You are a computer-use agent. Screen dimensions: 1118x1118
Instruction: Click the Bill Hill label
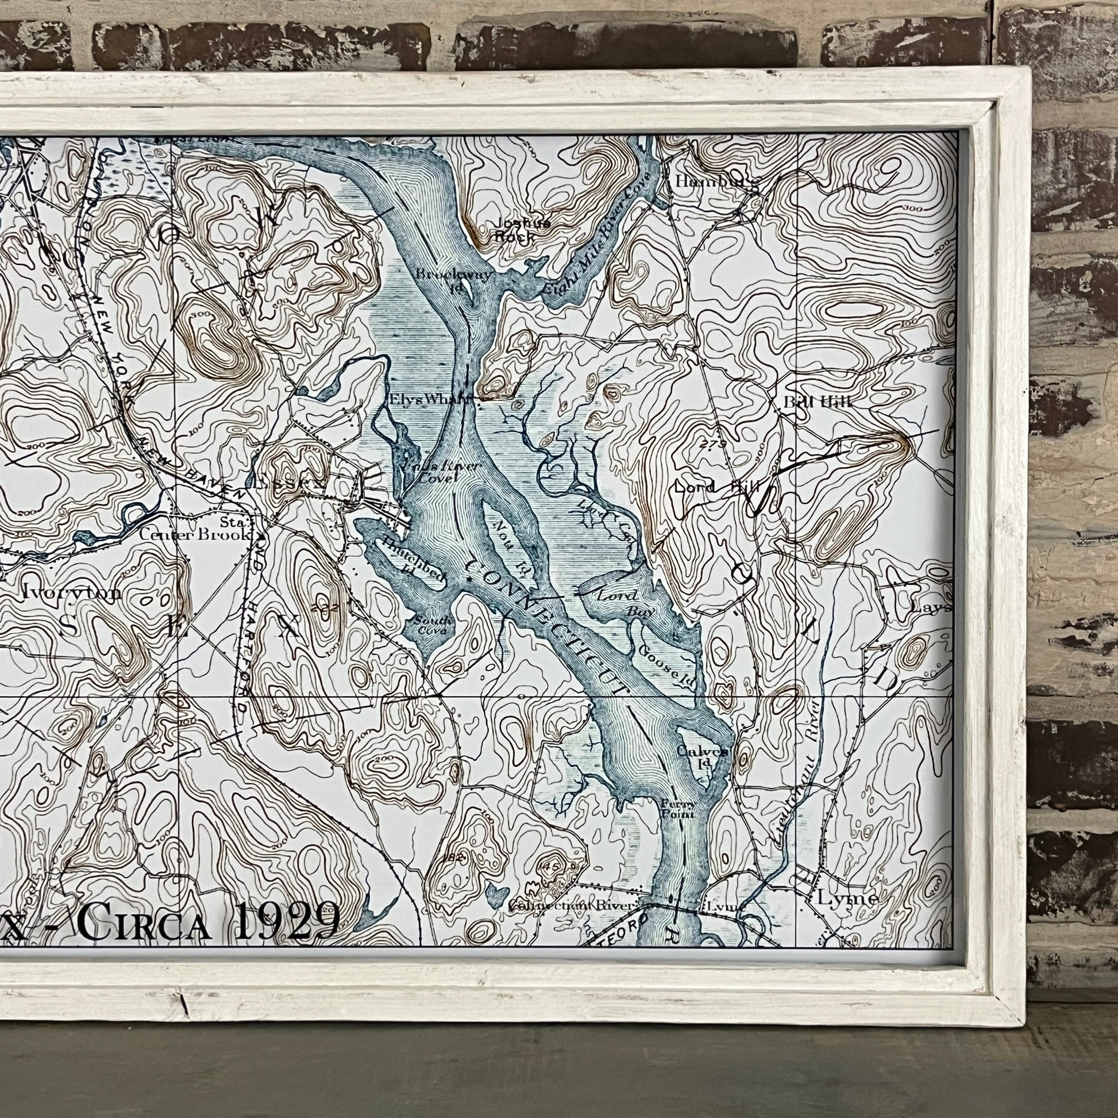pyautogui.click(x=817, y=401)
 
